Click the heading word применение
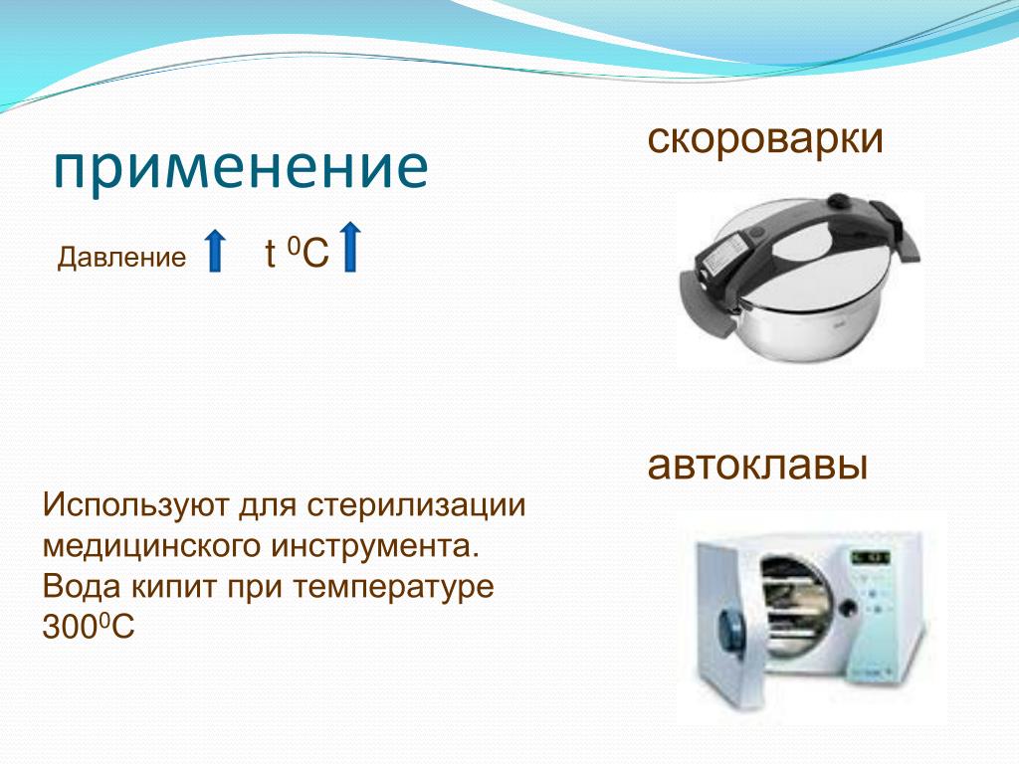pos(241,167)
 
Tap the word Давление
pos(121,258)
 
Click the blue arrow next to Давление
pos(215,250)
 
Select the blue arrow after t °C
pos(349,247)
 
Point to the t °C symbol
pos(297,254)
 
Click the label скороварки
pos(765,138)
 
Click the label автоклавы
pos(757,466)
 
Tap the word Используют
pos(135,505)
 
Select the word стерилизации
pos(416,505)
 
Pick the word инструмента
pos(375,546)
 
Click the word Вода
pos(82,587)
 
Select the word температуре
pos(393,588)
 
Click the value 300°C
pos(89,627)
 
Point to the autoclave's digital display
pos(870,557)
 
